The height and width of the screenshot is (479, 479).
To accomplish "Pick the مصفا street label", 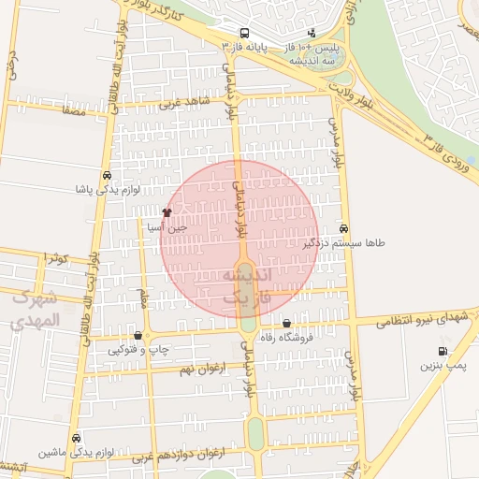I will tap(72, 111).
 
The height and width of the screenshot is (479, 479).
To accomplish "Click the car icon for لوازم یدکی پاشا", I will tap(108, 176).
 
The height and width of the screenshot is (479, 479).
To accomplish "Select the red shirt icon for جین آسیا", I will tap(167, 213).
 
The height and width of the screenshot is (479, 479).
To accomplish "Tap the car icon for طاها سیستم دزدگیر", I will tap(344, 228).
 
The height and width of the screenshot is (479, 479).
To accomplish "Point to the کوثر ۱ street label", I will tap(57, 257).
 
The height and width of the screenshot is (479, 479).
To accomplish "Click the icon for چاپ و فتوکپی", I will tap(138, 336).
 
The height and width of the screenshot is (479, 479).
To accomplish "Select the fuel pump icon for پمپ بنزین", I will tap(442, 351).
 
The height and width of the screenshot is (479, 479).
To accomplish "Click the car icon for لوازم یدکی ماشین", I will tap(76, 438).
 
